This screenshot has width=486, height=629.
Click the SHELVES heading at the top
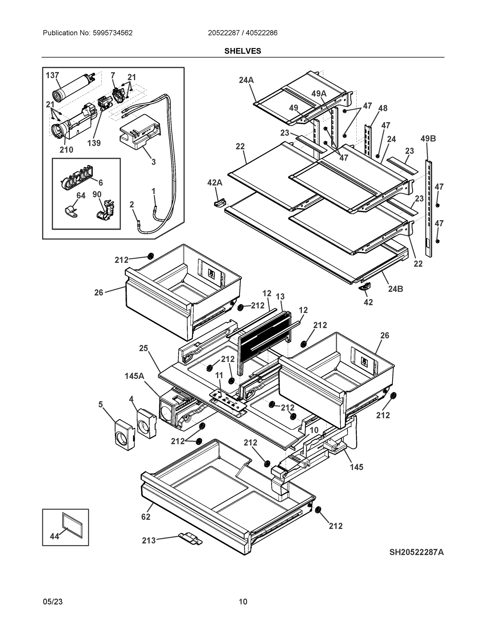pos(242,51)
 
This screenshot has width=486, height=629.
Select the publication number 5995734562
pos(112,33)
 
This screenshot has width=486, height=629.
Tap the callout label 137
pos(52,75)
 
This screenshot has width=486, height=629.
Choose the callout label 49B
pos(428,139)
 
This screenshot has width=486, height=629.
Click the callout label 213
pos(149,540)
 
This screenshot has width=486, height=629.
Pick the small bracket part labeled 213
pos(190,538)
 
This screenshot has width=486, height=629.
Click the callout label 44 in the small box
pos(54,536)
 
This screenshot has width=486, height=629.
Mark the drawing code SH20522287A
pos(416,552)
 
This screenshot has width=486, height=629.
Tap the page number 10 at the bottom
pos(243,602)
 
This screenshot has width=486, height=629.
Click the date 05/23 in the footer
pos(52,602)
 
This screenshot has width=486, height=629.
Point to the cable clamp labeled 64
pos(70,212)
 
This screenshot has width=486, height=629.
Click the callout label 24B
pos(395,289)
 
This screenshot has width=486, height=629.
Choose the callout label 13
pos(280,296)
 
